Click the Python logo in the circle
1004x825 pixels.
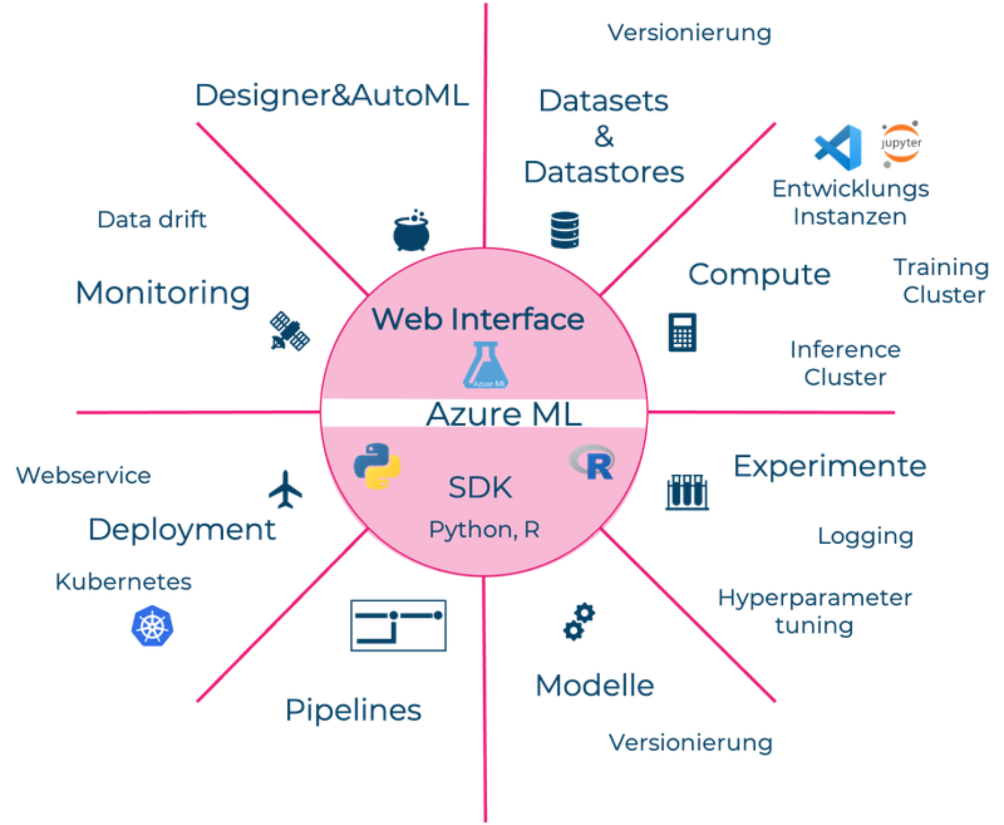coord(377,466)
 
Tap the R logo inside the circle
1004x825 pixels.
coord(592,462)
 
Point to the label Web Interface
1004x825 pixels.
coord(477,319)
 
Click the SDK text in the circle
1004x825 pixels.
coord(480,488)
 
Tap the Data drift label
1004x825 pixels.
coord(152,220)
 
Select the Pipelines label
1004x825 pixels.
coord(353,709)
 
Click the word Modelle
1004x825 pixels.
coord(595,684)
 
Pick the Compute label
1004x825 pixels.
coord(759,273)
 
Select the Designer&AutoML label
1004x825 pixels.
coord(330,95)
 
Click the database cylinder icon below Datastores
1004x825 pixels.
coord(565,229)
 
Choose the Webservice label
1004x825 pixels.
coord(83,476)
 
